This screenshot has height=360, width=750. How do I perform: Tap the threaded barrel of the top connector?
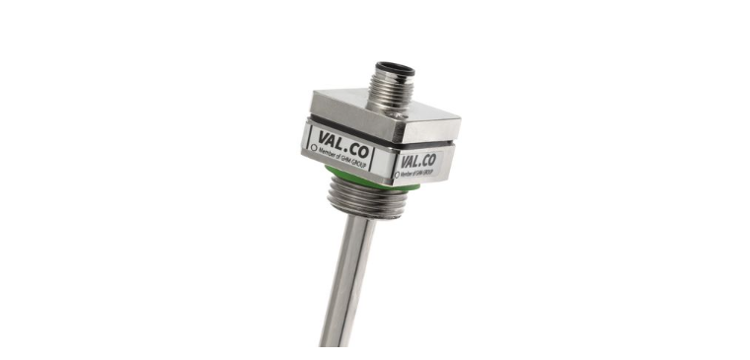[x=387, y=84]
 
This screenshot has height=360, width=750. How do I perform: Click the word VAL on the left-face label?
[x=333, y=135]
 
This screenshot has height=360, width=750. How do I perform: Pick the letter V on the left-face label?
[x=323, y=134]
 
